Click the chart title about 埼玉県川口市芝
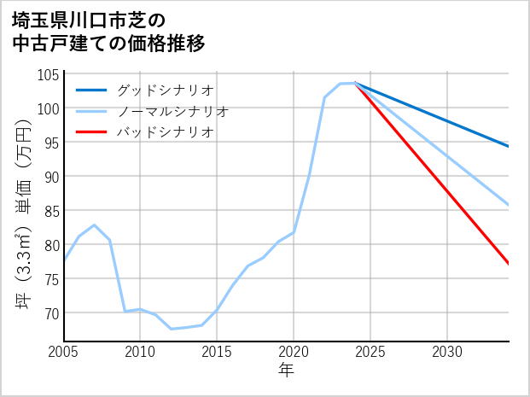point(108,31)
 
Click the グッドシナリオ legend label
point(165,90)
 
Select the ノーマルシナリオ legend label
point(172,111)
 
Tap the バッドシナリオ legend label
point(165,132)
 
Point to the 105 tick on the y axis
point(49,74)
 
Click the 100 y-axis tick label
point(49,108)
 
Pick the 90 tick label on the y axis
point(51,177)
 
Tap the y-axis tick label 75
point(51,279)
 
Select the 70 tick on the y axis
point(51,313)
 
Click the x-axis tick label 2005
point(63,352)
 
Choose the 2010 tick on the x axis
point(140,352)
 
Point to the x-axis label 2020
point(294,352)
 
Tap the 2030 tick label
point(447,352)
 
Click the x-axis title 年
point(286,371)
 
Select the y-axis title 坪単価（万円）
point(24,207)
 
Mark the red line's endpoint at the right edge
point(509,264)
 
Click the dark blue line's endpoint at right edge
point(509,147)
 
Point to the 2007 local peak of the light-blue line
point(94,225)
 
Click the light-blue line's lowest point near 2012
point(171,329)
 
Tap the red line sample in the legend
point(91,132)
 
